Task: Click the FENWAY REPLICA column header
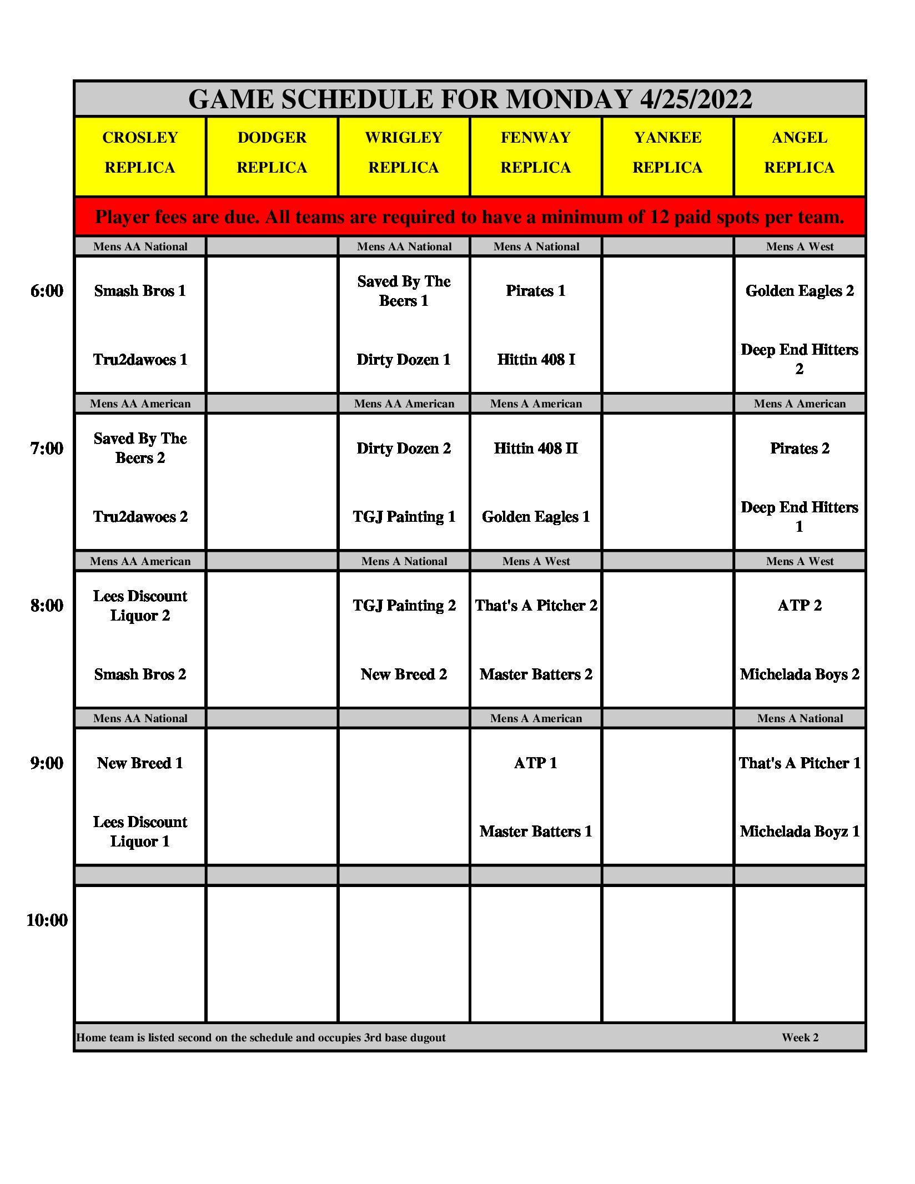(535, 153)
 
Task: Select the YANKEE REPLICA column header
(667, 153)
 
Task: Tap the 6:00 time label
(47, 291)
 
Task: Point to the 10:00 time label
(47, 920)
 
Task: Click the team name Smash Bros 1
(140, 291)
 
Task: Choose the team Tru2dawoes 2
(140, 517)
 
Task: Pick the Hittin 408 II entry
(536, 449)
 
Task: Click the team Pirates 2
(800, 449)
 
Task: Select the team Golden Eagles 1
(536, 517)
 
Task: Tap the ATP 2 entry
(800, 606)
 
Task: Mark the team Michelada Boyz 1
(800, 832)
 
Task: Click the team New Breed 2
(404, 674)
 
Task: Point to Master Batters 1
(536, 832)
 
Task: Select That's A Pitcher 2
(536, 606)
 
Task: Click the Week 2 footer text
(800, 1037)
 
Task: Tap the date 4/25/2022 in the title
(696, 100)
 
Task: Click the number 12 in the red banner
(659, 217)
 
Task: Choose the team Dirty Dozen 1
(404, 360)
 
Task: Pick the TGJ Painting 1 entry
(404, 517)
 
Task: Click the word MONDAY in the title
(569, 100)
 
